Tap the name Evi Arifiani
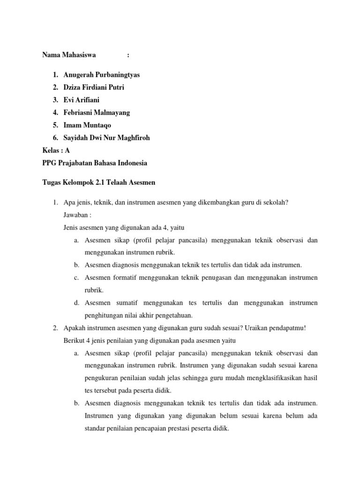point(82,100)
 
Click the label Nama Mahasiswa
point(69,55)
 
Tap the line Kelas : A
point(56,151)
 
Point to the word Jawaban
point(75,215)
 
